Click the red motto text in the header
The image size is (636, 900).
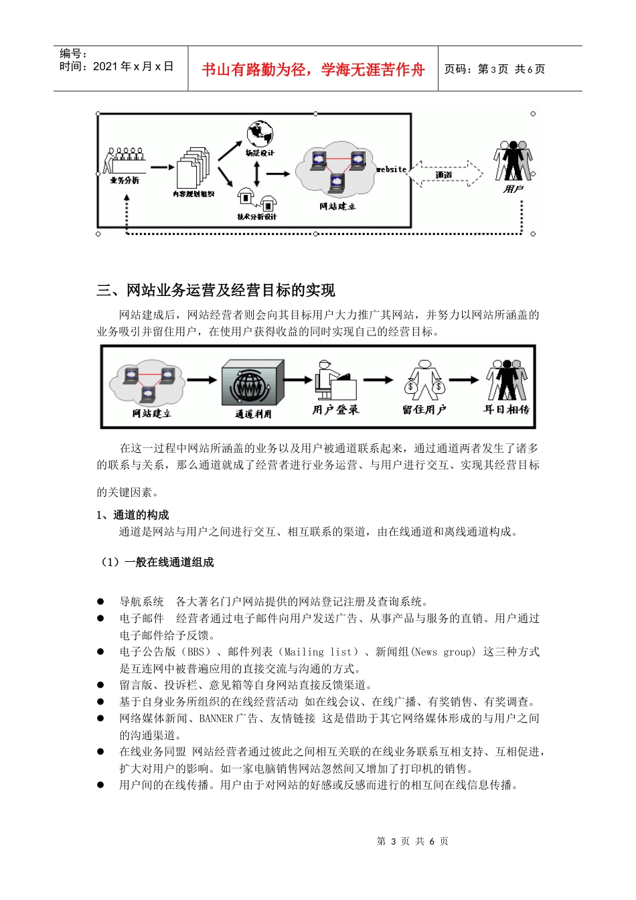[313, 70]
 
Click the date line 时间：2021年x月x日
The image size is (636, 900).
[116, 66]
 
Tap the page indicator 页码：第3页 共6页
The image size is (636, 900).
[495, 69]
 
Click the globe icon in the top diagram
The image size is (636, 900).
[259, 134]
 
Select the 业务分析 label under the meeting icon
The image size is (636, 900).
[125, 180]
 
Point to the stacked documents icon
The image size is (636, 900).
[193, 167]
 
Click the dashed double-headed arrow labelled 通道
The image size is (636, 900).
[445, 174]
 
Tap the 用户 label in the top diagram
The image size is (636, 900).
[513, 190]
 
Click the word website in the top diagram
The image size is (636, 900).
[392, 169]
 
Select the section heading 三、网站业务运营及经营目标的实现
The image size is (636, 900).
[216, 290]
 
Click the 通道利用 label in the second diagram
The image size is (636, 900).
[253, 415]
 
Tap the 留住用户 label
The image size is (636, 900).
[424, 409]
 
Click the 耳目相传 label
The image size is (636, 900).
[507, 409]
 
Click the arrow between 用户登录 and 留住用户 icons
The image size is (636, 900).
[378, 380]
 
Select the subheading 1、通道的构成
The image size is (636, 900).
[133, 514]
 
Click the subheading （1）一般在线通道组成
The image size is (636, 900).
[156, 562]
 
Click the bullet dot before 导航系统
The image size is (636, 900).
[100, 601]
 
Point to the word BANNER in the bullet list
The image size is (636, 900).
[216, 719]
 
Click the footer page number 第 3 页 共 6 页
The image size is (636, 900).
[412, 841]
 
